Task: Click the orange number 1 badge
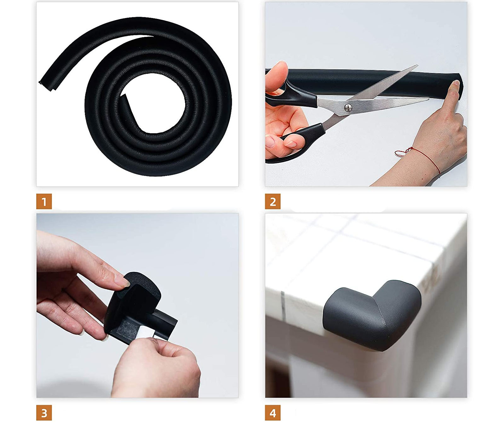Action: click(44, 202)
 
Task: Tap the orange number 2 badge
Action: click(273, 202)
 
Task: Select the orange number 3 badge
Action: click(44, 413)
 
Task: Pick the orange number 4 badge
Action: click(273, 413)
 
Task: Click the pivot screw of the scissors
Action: click(348, 107)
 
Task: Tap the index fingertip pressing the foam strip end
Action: click(455, 85)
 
